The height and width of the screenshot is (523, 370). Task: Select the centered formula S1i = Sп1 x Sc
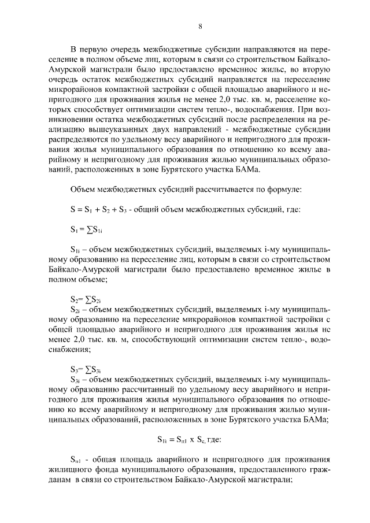(x=189, y=439)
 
